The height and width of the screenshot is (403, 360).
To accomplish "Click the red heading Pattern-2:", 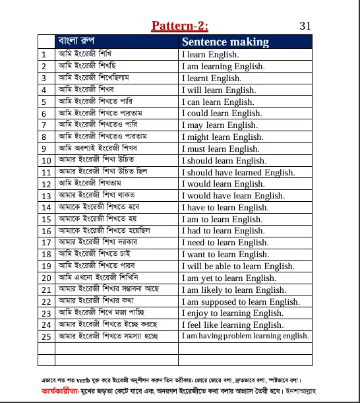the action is (179, 26).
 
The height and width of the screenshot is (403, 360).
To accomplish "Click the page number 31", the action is (305, 26).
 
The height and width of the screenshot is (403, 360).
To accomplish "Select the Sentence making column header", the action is (225, 42).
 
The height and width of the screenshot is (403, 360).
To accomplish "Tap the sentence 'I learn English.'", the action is (210, 55).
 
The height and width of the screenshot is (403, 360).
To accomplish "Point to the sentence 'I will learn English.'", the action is (218, 90).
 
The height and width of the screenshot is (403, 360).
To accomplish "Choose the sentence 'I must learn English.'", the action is (220, 149).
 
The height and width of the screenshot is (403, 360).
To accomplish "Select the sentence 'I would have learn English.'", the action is (233, 196).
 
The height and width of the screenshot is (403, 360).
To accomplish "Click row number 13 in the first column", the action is (46, 197).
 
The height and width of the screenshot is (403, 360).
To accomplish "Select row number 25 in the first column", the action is (46, 337).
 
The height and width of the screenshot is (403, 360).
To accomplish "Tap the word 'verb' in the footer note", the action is (84, 381).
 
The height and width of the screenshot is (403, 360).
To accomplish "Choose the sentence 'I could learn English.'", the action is (222, 113).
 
